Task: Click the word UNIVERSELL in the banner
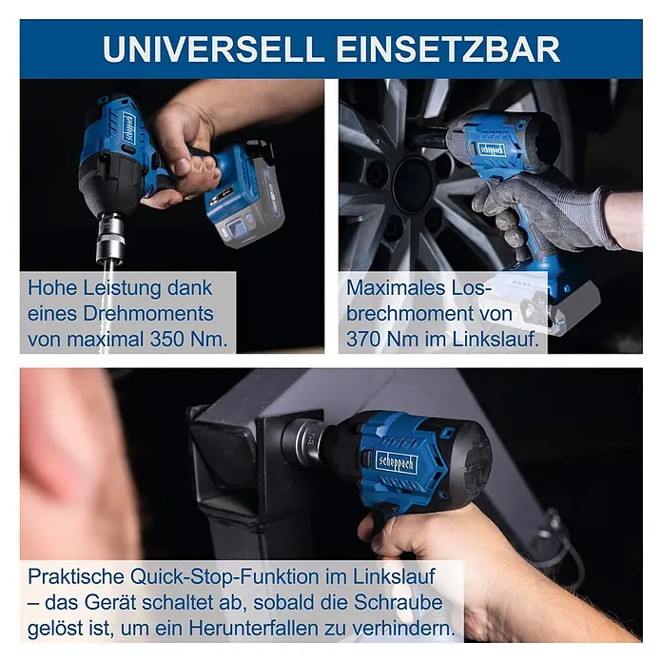pyautogui.click(x=213, y=49)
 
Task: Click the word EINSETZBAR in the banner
pyautogui.click(x=448, y=49)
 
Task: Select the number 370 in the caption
pyautogui.click(x=365, y=339)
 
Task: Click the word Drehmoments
pyautogui.click(x=148, y=314)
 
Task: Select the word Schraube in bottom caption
pyautogui.click(x=399, y=602)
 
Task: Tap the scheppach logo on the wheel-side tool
pyautogui.click(x=492, y=149)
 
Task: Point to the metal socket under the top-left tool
pyautogui.click(x=109, y=239)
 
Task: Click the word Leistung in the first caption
pyautogui.click(x=122, y=288)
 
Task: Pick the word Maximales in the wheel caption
pyautogui.click(x=396, y=288)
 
